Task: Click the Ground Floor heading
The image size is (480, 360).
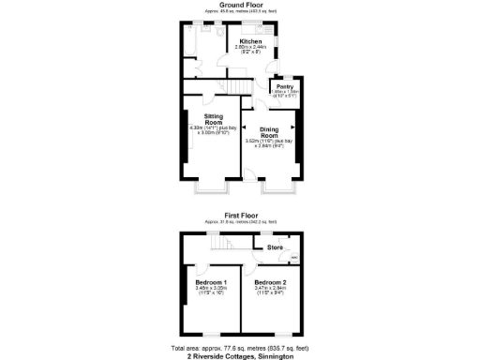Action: click(x=239, y=5)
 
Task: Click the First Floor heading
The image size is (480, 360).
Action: click(x=239, y=215)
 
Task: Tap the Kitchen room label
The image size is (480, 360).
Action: click(x=250, y=42)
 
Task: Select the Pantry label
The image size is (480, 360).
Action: click(x=285, y=86)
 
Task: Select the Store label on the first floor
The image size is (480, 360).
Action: click(x=275, y=247)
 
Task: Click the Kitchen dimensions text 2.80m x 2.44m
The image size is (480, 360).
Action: click(x=250, y=49)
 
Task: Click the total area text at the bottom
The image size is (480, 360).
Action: click(x=239, y=346)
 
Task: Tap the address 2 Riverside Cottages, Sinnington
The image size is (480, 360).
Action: click(x=239, y=355)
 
